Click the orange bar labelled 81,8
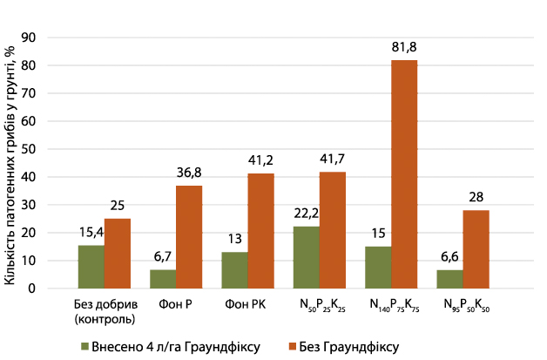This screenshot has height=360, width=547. click(403, 174)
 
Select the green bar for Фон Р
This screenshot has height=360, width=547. click(163, 279)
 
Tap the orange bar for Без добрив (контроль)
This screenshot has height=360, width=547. click(117, 253)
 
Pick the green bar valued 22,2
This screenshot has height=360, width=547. click(307, 257)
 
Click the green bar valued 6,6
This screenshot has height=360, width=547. click(450, 279)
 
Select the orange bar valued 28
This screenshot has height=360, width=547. click(476, 249)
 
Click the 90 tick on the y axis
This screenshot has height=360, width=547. click(30, 37)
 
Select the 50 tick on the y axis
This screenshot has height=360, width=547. click(30, 149)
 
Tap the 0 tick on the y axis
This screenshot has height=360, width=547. click(34, 289)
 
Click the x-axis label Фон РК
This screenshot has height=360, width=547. click(247, 304)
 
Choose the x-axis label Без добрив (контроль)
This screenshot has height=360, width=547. click(104, 311)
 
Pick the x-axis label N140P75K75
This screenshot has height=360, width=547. click(390, 306)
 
